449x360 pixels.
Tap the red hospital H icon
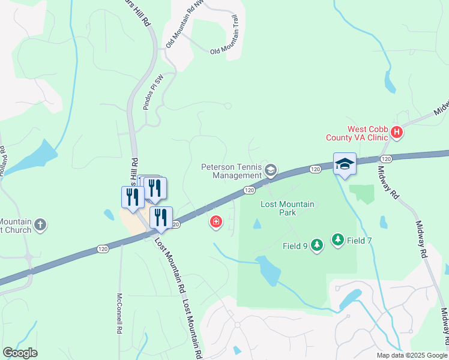tap(396, 132)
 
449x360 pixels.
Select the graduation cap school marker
tap(345, 163)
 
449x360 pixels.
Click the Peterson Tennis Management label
tap(232, 171)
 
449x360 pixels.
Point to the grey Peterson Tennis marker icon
tap(271, 171)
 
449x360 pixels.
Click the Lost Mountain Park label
tap(287, 208)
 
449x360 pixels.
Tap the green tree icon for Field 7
tap(338, 241)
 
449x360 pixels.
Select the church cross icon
tap(40, 225)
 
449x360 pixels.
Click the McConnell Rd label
tap(119, 313)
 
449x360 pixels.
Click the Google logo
tap(20, 353)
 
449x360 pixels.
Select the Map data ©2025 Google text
tap(411, 355)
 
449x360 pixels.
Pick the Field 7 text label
tap(360, 241)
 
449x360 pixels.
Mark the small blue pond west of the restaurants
tap(109, 214)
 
